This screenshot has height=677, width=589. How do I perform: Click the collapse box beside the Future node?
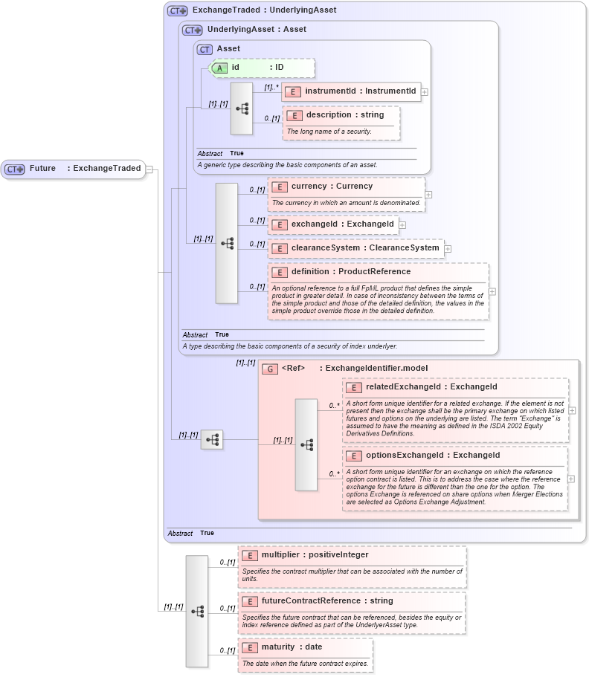click(x=149, y=169)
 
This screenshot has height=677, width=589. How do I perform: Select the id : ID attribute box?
click(x=262, y=68)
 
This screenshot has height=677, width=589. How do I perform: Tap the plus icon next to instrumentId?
click(x=425, y=92)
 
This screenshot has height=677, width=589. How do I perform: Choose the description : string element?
click(x=343, y=115)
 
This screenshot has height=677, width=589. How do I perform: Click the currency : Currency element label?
click(x=332, y=187)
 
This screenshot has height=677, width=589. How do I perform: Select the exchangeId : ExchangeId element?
click(x=332, y=224)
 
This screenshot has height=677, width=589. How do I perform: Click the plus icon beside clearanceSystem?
click(x=448, y=248)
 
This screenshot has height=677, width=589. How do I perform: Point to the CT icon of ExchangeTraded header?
click(x=177, y=10)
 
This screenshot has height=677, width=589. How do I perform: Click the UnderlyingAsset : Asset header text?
click(x=257, y=30)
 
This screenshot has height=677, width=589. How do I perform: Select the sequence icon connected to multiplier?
click(x=197, y=611)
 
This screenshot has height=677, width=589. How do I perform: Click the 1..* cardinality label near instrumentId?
click(x=271, y=87)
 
